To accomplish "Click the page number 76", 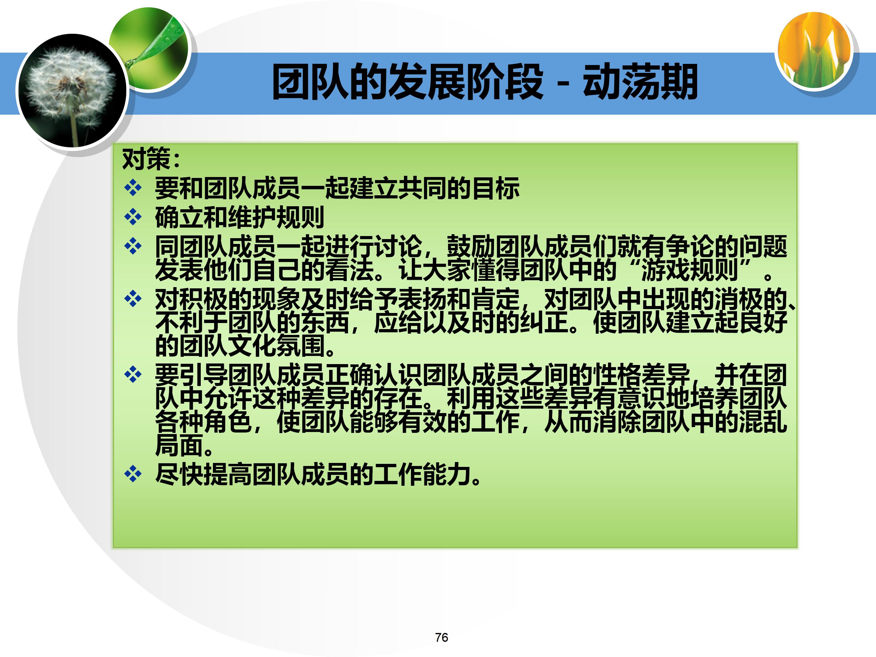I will click(x=441, y=637).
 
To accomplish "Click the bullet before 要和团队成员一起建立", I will click(x=133, y=188).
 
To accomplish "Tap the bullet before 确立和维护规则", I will click(x=133, y=217).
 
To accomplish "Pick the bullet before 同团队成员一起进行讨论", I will click(x=133, y=246).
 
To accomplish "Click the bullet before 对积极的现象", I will click(x=133, y=299).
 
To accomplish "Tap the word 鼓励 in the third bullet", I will click(x=471, y=246).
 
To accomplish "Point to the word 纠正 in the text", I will click(x=544, y=322).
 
